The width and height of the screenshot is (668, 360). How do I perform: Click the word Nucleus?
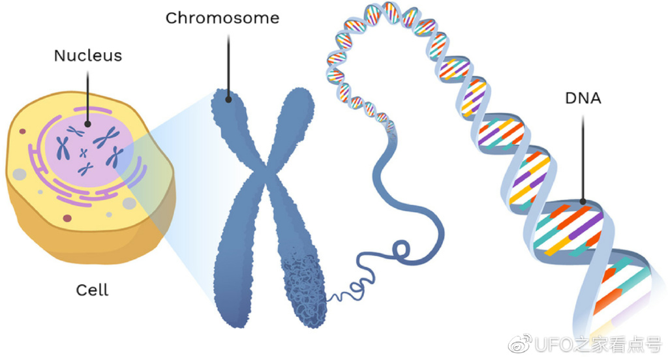click(x=87, y=55)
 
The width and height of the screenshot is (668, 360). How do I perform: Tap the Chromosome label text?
click(x=222, y=18)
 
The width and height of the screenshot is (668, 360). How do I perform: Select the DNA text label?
click(x=583, y=99)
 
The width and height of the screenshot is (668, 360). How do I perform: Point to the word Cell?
click(x=92, y=290)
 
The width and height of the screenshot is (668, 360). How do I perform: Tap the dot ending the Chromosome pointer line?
click(x=228, y=100)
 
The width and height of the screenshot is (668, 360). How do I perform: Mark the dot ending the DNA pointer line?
click(x=583, y=202)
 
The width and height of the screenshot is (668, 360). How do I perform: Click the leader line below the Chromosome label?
click(x=228, y=65)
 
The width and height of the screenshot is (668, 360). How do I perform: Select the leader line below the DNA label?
click(x=583, y=157)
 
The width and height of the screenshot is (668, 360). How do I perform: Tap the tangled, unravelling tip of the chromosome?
click(x=303, y=287)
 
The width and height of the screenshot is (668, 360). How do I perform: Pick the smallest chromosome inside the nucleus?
click(x=83, y=153)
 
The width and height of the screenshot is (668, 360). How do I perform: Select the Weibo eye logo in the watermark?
click(x=521, y=342)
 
